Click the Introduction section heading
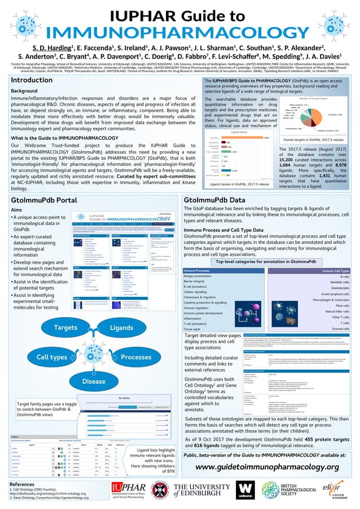coord(36,80)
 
